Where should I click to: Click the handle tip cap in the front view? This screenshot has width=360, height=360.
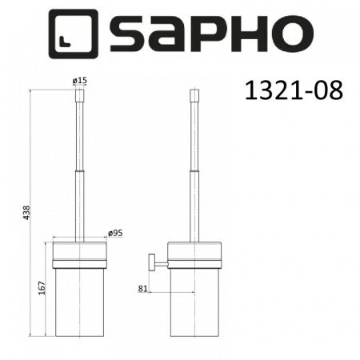tap(80, 98)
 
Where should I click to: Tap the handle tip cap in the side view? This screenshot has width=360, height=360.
tap(193, 98)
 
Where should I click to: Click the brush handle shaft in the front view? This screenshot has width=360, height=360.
tap(80, 168)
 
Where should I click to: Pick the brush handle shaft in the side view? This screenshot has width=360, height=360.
tap(193, 168)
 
